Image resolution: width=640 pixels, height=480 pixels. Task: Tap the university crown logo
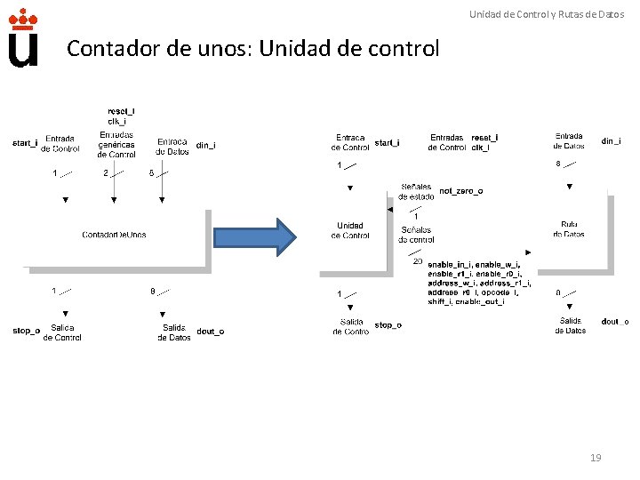pos(23,38)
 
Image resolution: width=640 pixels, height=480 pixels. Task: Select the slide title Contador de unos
pos(252,48)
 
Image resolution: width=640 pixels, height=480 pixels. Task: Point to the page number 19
pos(596,457)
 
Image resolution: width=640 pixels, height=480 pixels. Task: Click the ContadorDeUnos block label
pos(114,235)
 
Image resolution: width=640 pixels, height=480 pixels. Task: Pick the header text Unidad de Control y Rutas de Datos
pos(547,14)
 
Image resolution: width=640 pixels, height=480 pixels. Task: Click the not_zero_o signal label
pos(460,191)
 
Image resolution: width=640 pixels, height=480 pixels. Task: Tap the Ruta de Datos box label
pos(569,229)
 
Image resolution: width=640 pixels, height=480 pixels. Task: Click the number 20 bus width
pos(418,261)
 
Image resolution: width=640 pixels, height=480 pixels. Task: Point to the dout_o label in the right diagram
pos(614,321)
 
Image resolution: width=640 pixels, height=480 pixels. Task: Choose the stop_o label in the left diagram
pos(26,332)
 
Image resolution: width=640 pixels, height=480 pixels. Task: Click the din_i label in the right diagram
pos(611,140)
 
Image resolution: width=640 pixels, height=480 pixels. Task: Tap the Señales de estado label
pos(416,191)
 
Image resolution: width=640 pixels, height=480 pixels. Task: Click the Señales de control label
pos(417,235)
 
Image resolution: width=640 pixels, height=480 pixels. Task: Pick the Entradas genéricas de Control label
pos(116,144)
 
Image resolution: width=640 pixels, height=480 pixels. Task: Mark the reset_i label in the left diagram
pos(121,111)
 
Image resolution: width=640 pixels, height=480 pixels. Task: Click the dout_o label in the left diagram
pos(210,332)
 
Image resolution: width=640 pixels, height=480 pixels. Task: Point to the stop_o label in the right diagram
pos(388,325)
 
